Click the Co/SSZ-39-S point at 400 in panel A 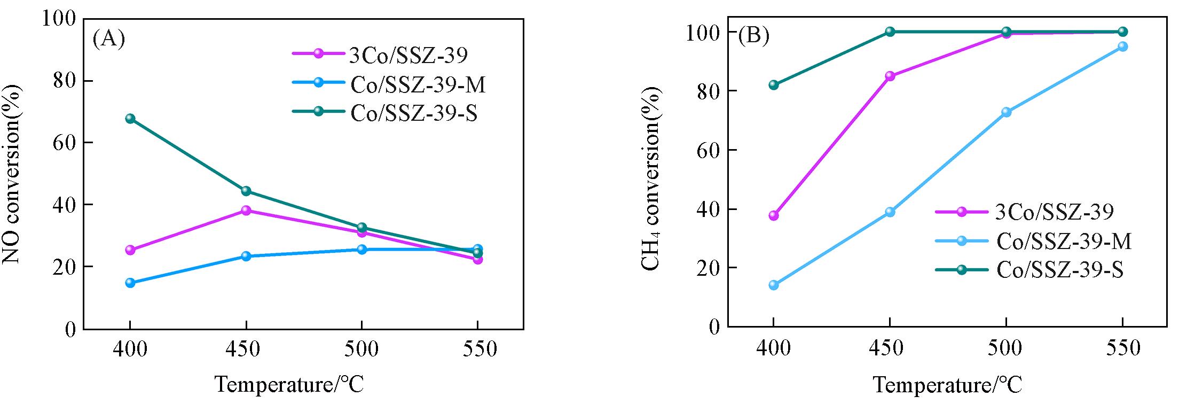coord(130,119)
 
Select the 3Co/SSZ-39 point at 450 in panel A coord(246,211)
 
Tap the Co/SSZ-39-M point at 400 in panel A coord(130,283)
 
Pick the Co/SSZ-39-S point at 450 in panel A coord(246,191)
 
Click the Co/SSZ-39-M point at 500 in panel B coord(1006,112)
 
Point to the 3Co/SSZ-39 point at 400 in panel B coord(773,215)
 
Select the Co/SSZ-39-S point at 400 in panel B coord(773,85)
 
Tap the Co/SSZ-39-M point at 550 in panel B coord(1122,46)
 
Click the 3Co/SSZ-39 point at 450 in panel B coord(890,76)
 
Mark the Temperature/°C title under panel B coord(948,385)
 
